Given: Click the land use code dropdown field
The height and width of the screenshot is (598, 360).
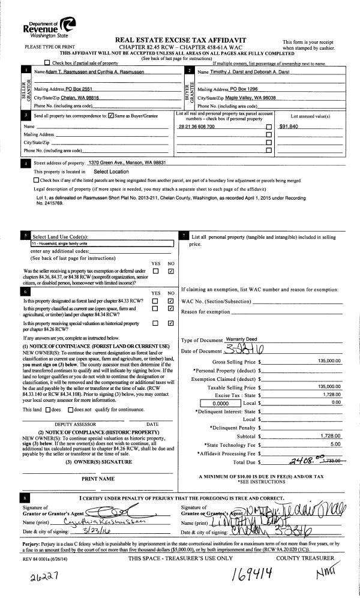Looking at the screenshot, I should click(x=101, y=244).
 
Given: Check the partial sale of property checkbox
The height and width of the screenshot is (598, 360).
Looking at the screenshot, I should click(x=47, y=63).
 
